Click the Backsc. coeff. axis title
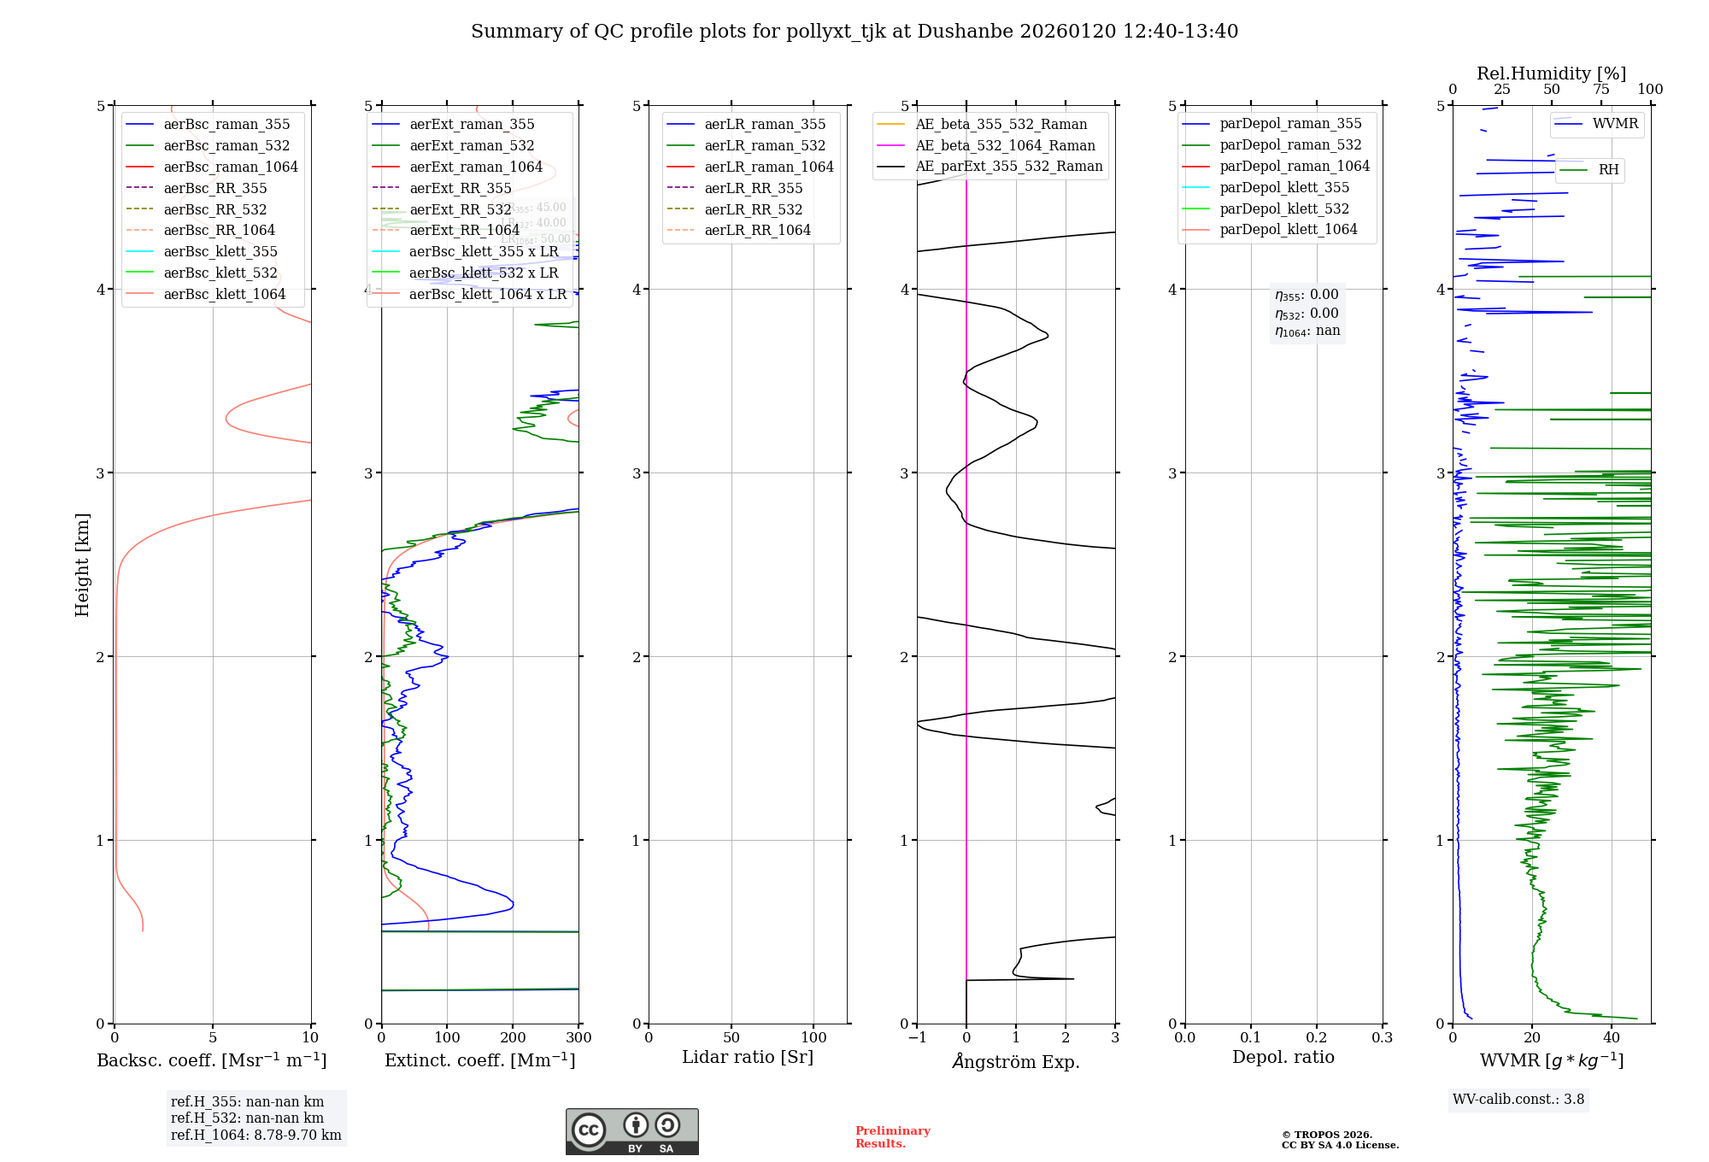tap(212, 1060)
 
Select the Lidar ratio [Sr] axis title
tap(748, 1057)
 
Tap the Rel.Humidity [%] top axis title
tap(1551, 73)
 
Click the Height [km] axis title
tap(82, 565)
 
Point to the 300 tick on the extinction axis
tap(578, 1038)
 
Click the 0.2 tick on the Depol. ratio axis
tap(1317, 1038)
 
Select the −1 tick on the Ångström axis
tap(917, 1038)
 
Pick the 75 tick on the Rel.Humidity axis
tap(1601, 90)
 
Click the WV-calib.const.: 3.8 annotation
tap(1518, 1100)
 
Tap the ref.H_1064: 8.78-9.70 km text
tap(255, 1136)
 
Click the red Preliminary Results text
tap(892, 1137)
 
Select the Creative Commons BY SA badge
tap(631, 1132)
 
